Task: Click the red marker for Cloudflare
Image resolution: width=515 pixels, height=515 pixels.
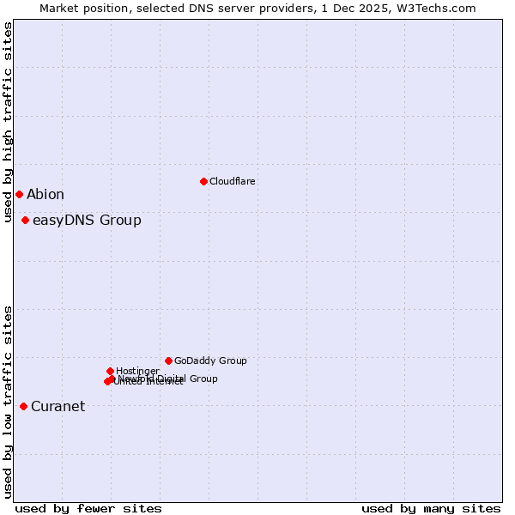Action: (x=203, y=181)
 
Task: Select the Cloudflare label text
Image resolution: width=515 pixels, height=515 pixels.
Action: (x=232, y=181)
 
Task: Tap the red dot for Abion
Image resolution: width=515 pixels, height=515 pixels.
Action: (x=19, y=194)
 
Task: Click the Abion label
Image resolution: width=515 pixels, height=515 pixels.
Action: (x=45, y=195)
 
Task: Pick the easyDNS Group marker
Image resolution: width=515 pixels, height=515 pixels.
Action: (x=25, y=221)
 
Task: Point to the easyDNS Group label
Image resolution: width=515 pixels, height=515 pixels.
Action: (x=87, y=221)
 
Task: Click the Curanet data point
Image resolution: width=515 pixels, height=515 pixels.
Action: (x=23, y=406)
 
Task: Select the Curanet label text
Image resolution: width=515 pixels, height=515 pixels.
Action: (x=58, y=407)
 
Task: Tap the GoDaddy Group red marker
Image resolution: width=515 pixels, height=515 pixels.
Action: (x=168, y=360)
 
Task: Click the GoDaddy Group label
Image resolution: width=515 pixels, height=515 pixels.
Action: (x=210, y=361)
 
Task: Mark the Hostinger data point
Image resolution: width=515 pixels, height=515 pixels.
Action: (x=110, y=371)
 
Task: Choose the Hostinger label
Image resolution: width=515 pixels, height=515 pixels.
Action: (x=137, y=371)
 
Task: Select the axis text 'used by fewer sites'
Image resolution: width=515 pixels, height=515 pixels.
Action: (x=88, y=508)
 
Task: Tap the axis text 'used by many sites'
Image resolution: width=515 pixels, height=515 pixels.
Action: (x=431, y=508)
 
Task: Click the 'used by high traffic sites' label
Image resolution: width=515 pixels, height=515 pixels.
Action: (x=8, y=123)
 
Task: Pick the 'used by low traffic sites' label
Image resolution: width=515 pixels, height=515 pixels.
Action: (x=8, y=401)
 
